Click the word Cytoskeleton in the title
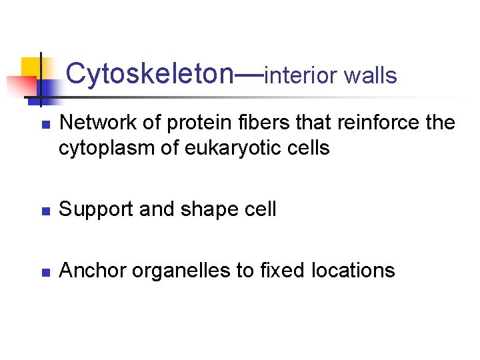coord(147,74)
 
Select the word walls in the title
coord(371,76)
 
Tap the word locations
coord(353,271)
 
